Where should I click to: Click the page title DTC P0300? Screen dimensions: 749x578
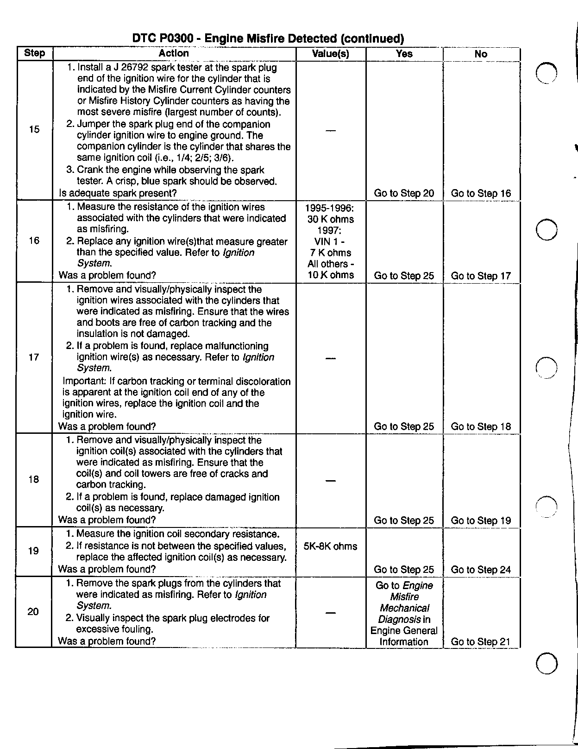[268, 38]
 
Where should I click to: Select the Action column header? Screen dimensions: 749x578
[174, 53]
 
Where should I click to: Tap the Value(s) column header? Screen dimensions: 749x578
[330, 54]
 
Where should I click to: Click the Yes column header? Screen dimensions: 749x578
[404, 54]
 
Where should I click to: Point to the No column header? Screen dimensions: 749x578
[481, 54]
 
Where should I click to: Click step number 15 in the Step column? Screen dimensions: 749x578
[34, 129]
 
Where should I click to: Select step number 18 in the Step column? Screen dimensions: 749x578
[34, 479]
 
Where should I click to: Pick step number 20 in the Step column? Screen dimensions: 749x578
[33, 612]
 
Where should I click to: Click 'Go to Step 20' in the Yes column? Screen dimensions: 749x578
[404, 193]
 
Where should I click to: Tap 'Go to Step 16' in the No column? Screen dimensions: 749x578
[481, 193]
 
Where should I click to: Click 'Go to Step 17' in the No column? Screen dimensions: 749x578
[481, 276]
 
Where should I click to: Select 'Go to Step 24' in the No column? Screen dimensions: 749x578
[481, 570]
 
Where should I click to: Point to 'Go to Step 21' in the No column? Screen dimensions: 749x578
[480, 642]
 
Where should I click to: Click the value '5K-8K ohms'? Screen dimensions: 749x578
[330, 546]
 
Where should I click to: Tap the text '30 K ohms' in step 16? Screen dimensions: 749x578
[330, 219]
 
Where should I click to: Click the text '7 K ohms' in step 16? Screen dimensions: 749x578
[330, 253]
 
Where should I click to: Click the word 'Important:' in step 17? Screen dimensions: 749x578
[84, 381]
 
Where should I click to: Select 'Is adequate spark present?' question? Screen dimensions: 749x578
[118, 193]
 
